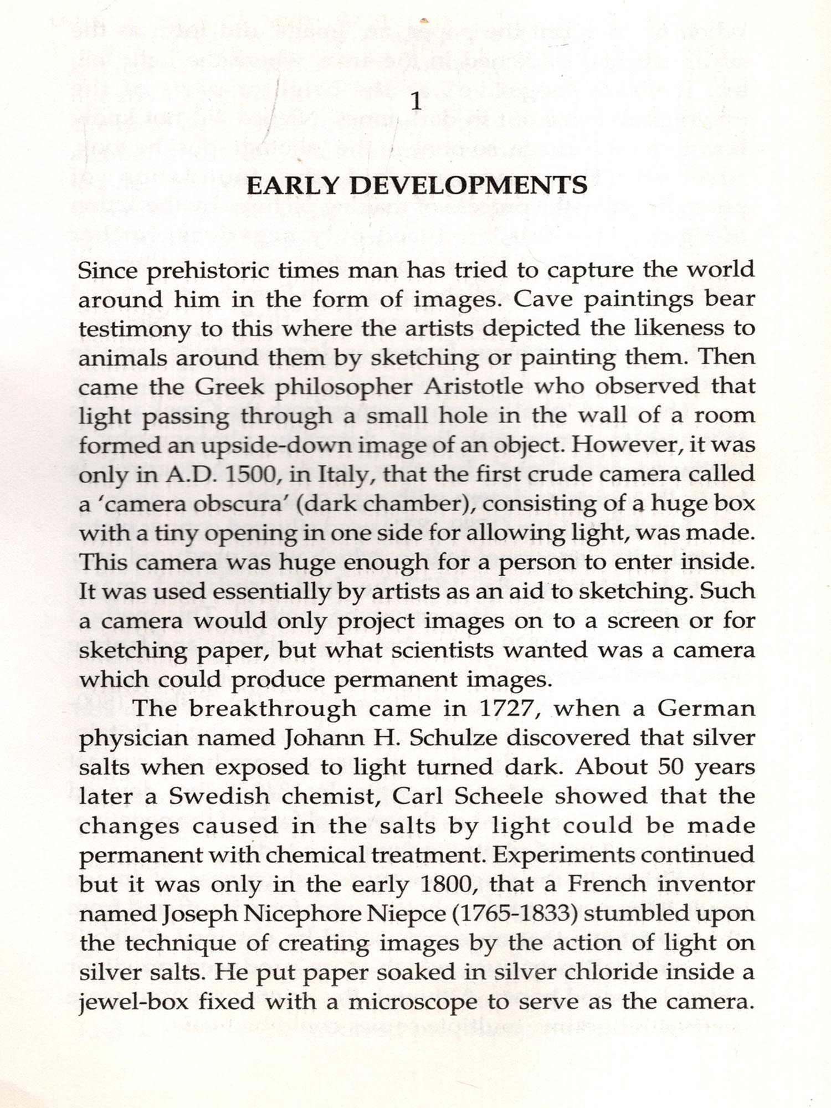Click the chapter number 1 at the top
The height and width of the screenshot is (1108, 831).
[415, 102]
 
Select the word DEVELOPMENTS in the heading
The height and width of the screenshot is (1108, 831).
[469, 185]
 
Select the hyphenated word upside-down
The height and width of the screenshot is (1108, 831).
[268, 445]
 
